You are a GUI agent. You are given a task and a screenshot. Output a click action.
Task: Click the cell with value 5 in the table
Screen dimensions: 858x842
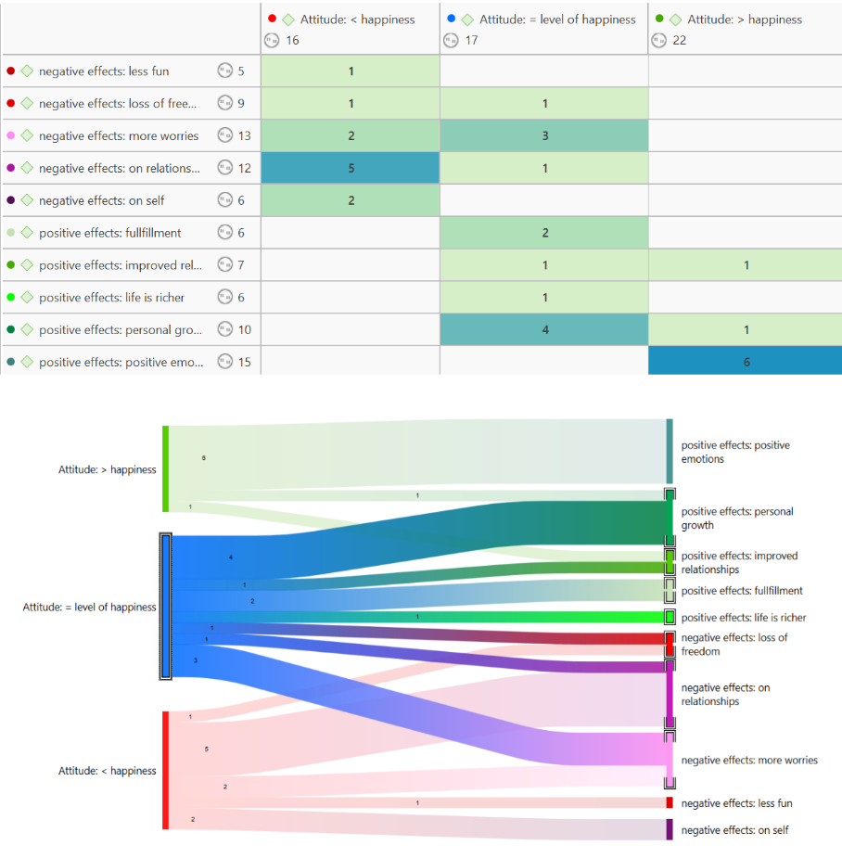351,168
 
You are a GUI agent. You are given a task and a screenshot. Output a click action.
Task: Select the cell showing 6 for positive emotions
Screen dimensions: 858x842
746,362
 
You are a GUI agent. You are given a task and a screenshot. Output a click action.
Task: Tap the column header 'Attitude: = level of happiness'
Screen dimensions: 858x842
557,19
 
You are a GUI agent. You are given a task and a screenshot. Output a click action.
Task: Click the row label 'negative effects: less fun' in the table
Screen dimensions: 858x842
104,71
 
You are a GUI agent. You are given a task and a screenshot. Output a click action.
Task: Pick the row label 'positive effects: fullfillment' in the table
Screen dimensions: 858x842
109,233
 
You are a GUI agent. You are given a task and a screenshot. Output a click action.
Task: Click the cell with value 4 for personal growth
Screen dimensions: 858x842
544,329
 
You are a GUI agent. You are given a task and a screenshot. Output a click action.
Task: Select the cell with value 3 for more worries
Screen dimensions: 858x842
544,135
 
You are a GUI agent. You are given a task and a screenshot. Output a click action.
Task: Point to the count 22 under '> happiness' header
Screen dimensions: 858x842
680,40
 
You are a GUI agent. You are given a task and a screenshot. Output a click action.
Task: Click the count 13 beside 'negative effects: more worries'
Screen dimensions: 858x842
244,135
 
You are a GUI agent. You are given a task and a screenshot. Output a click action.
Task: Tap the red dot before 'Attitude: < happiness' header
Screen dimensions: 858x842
272,19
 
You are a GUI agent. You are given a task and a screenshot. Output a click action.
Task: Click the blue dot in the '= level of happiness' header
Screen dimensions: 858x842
451,19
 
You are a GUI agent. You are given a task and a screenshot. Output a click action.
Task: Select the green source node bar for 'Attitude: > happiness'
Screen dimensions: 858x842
165,468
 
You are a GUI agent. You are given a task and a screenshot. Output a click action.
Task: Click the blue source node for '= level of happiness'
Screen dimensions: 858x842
166,607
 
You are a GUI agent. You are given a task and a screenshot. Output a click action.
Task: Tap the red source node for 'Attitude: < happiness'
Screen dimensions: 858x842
165,770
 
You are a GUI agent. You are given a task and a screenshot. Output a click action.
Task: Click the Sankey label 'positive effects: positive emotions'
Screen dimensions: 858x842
735,452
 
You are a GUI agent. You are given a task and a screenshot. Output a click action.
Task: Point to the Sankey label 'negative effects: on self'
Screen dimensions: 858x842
734,830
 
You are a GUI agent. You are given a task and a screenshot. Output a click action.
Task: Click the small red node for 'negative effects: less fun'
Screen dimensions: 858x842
670,802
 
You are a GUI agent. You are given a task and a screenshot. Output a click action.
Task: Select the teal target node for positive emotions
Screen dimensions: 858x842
670,451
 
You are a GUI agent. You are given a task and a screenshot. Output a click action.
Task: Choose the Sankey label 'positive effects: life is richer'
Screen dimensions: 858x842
744,618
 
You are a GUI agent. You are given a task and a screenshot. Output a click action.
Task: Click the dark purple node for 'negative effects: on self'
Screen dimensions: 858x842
670,829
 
